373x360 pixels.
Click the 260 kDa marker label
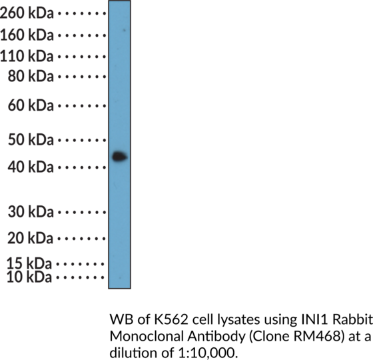pyautogui.click(x=27, y=13)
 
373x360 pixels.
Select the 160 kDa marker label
pyautogui.click(x=27, y=35)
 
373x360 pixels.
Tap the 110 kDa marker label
pyautogui.click(x=27, y=57)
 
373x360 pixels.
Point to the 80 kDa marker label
pyautogui.click(x=31, y=77)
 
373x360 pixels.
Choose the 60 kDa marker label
pyautogui.click(x=31, y=105)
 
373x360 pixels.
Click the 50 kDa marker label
pyautogui.click(x=31, y=140)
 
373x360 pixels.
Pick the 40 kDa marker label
pyautogui.click(x=31, y=167)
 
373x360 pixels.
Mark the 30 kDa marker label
pyautogui.click(x=31, y=212)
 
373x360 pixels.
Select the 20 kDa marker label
pyautogui.click(x=30, y=238)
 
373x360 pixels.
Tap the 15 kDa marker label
pyautogui.click(x=29, y=264)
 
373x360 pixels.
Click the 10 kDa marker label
pyautogui.click(x=29, y=277)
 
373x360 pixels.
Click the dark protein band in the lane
pyautogui.click(x=120, y=157)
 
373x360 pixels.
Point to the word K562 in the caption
pyautogui.click(x=171, y=320)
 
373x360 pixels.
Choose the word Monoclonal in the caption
pyautogui.click(x=147, y=337)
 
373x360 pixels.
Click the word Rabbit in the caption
pyautogui.click(x=352, y=320)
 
